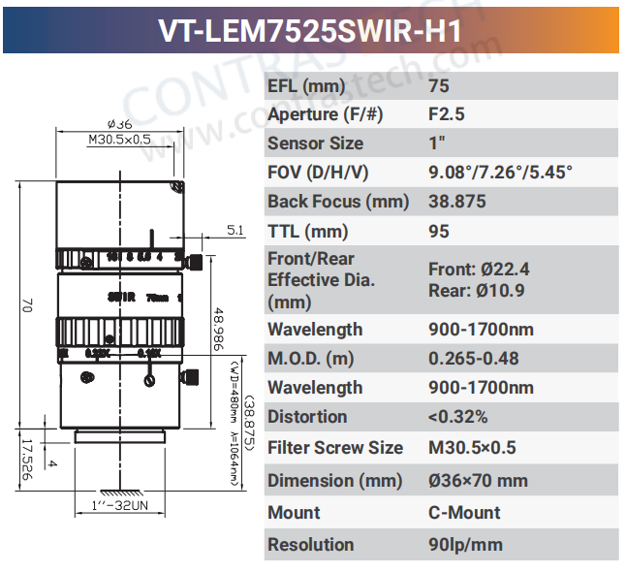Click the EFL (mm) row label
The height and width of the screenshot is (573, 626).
coord(305,84)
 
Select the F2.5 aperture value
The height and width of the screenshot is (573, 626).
coord(447,113)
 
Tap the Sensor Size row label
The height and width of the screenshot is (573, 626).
coord(316,143)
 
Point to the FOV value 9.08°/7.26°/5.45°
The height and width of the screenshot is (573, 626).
coord(500,173)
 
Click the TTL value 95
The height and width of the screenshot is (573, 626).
coord(439,232)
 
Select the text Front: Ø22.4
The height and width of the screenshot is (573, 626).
coord(479,270)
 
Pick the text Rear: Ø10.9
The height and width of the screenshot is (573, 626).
coord(477,291)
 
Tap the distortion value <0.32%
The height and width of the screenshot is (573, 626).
coord(457,417)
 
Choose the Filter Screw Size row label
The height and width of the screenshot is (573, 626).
coord(335,448)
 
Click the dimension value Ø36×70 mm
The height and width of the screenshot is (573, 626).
coord(478,481)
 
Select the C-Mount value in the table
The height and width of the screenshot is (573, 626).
coord(464,512)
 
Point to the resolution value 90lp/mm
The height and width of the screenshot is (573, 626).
coord(465,545)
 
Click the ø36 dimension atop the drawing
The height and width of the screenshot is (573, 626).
coord(119,124)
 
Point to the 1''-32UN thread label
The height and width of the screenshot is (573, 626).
coord(117,505)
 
